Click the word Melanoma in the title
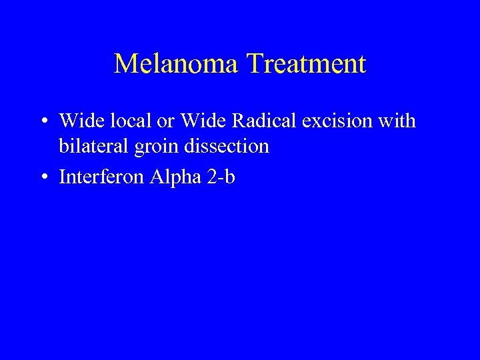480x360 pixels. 177,65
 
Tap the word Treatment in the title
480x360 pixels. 306,65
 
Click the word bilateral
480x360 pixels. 93,146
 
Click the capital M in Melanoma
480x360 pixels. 125,65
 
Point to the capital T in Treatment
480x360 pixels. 254,65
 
